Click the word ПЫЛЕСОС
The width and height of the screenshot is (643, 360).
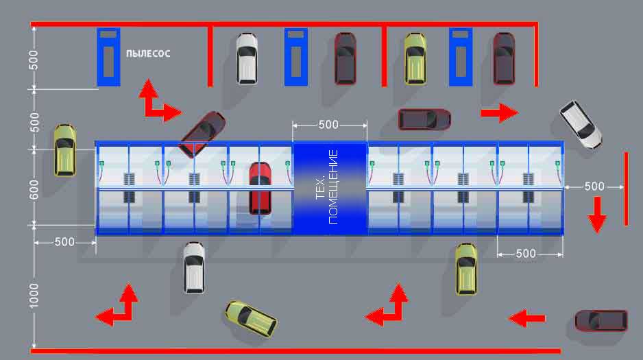(147, 53)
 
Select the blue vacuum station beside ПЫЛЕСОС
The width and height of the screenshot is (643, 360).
(108, 57)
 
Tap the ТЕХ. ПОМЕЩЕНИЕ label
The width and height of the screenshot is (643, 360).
(328, 187)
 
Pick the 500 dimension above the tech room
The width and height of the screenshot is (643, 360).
(328, 125)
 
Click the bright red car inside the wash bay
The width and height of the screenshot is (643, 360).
(260, 187)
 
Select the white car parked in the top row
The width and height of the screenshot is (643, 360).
(247, 58)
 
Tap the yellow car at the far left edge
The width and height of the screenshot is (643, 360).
(64, 149)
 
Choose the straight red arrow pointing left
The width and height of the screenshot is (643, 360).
(526, 317)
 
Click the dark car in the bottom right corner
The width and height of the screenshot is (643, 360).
(600, 320)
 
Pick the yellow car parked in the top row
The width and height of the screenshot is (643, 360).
(415, 58)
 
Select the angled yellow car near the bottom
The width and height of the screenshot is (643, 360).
(251, 317)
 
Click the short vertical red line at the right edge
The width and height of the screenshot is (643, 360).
(626, 189)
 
